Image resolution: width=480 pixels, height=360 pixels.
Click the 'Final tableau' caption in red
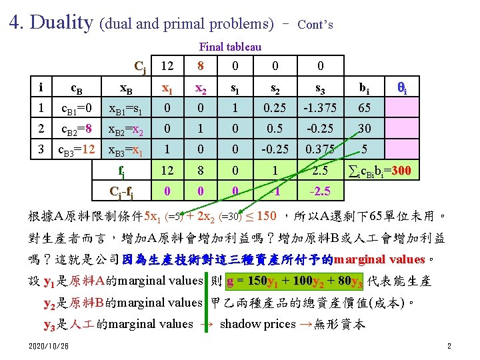(x=230, y=47)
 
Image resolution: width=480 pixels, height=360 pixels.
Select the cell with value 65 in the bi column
(x=365, y=108)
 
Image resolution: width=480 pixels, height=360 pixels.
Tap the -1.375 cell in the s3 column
(x=319, y=108)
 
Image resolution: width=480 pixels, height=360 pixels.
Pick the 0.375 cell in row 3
(x=319, y=149)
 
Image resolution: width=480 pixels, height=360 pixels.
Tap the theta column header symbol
(x=402, y=87)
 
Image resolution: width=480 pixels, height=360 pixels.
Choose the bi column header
(x=365, y=87)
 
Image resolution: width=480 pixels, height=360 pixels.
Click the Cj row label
(x=140, y=66)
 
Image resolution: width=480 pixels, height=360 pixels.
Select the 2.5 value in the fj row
(x=319, y=172)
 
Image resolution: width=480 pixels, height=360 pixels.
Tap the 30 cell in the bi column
(x=365, y=129)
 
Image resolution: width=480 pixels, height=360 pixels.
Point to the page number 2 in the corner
(x=449, y=346)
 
